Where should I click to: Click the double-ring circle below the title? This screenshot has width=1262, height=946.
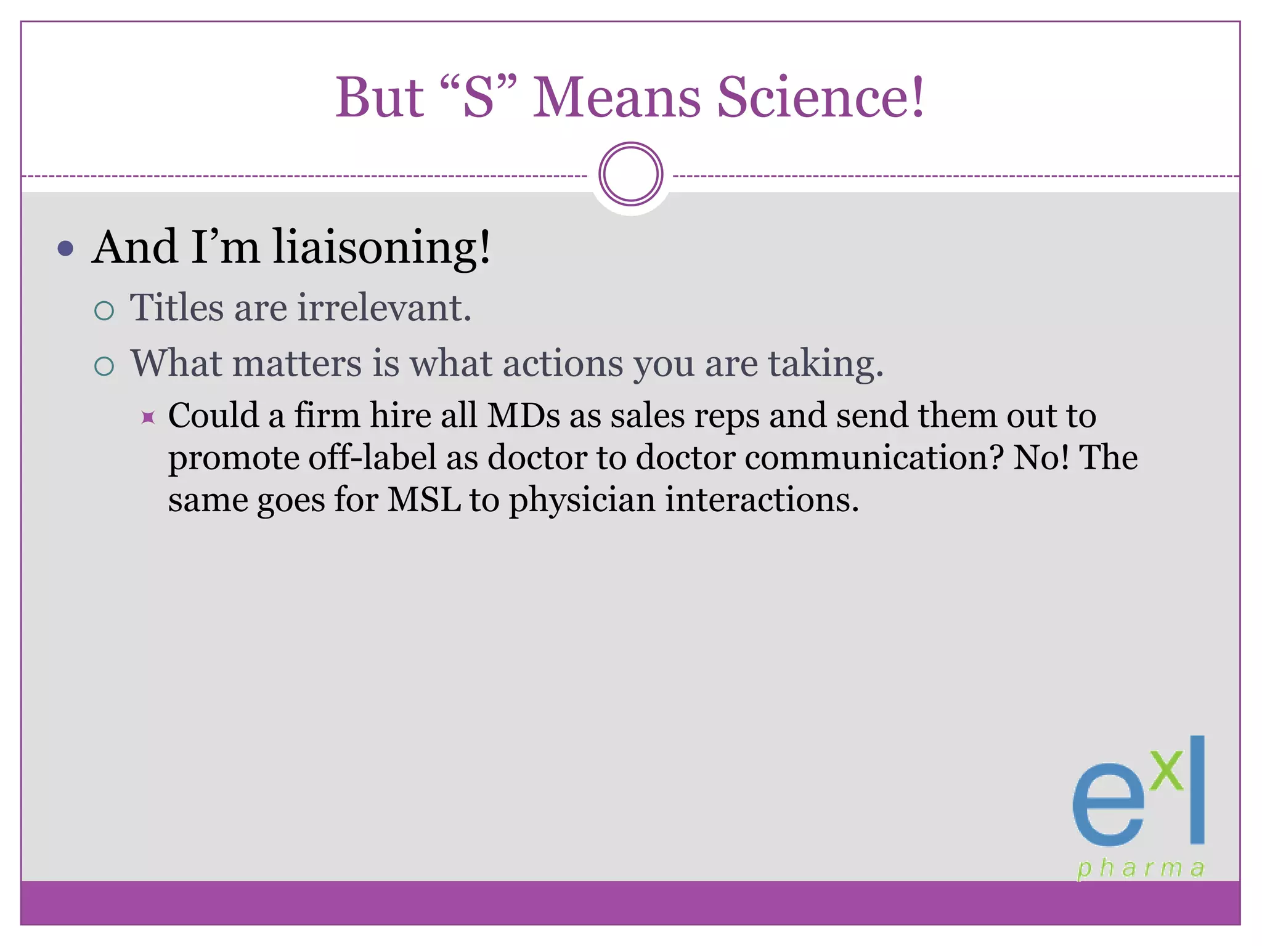coord(630,174)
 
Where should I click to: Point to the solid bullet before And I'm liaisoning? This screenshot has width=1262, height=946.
coord(65,249)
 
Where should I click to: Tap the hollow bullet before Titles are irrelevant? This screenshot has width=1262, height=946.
coord(104,310)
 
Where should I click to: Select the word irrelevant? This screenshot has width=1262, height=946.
coord(385,307)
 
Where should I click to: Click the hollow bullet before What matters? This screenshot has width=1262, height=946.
coord(104,366)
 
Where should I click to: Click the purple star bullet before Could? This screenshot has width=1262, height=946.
coord(148,418)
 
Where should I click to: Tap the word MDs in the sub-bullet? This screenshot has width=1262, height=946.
coord(524,416)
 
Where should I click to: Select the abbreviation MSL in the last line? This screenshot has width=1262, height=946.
coord(424,499)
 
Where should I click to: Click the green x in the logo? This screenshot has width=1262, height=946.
coord(1166,770)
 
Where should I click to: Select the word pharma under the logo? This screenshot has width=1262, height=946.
coord(1141,869)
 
